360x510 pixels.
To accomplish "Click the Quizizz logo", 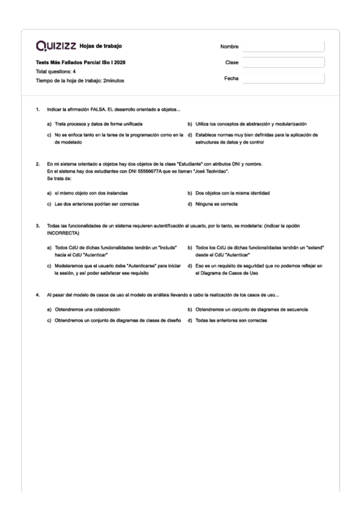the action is coord(56,47).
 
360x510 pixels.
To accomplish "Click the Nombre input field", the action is coord(282,47).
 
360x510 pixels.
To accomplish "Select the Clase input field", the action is coord(282,63).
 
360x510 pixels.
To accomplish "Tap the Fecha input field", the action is coord(282,78).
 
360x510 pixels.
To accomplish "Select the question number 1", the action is coord(38,109).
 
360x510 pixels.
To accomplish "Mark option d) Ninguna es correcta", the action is coord(215,204).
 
